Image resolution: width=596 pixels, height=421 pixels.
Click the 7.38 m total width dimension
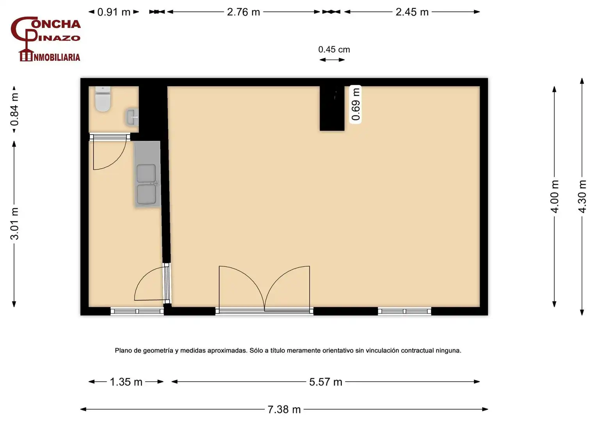pyautogui.click(x=284, y=410)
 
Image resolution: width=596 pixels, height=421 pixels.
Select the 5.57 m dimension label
pyautogui.click(x=326, y=382)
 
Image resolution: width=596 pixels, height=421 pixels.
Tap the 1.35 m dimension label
pyautogui.click(x=126, y=382)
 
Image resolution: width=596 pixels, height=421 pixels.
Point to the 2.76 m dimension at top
pyautogui.click(x=243, y=12)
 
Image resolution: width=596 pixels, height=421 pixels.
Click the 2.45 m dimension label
pyautogui.click(x=412, y=12)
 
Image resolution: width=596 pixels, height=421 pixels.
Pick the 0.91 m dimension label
pyautogui.click(x=114, y=12)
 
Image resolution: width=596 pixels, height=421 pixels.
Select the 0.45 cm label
pyautogui.click(x=334, y=50)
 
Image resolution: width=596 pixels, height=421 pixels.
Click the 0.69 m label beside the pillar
pyautogui.click(x=356, y=104)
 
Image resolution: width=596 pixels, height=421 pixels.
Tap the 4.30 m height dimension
pyautogui.click(x=582, y=196)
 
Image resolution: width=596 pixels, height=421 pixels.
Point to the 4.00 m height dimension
pyautogui.click(x=555, y=196)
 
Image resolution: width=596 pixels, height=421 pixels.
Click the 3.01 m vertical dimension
pyautogui.click(x=14, y=224)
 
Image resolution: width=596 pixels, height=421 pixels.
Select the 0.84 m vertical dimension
pyautogui.click(x=14, y=109)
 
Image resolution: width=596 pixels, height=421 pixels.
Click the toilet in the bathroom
pyautogui.click(x=103, y=99)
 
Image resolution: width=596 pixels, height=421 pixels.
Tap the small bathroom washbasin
pyautogui.click(x=132, y=117)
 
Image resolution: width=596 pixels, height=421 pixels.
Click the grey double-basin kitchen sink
pyautogui.click(x=147, y=174)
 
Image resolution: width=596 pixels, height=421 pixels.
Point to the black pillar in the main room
pyautogui.click(x=332, y=108)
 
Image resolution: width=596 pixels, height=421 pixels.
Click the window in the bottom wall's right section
pyautogui.click(x=404, y=311)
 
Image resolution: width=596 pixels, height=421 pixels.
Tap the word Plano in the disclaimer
pyautogui.click(x=123, y=350)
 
